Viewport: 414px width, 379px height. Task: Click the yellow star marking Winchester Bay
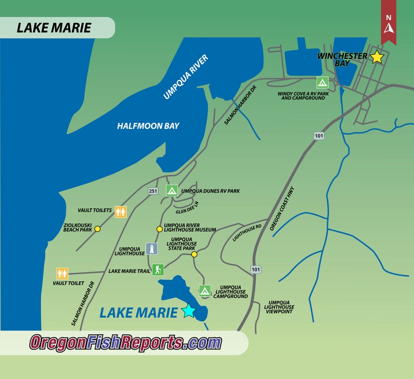[377, 57]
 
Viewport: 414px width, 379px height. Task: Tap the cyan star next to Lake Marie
[188, 311]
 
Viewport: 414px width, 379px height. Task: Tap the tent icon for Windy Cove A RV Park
[322, 82]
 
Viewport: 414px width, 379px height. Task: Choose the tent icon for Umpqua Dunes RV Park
[172, 190]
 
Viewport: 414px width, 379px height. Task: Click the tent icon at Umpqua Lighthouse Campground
[205, 292]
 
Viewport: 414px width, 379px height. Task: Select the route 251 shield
[153, 191]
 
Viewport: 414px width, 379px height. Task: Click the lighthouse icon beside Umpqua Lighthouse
[152, 249]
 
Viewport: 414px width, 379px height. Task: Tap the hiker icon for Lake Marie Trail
[158, 270]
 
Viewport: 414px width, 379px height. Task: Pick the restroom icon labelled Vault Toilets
[121, 211]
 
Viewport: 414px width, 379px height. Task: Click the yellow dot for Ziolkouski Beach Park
[97, 229]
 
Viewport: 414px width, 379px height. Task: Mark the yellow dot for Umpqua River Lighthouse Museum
[159, 229]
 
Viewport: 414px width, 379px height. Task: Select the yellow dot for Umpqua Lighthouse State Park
[195, 254]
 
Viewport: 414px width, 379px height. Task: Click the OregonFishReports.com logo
[125, 342]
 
